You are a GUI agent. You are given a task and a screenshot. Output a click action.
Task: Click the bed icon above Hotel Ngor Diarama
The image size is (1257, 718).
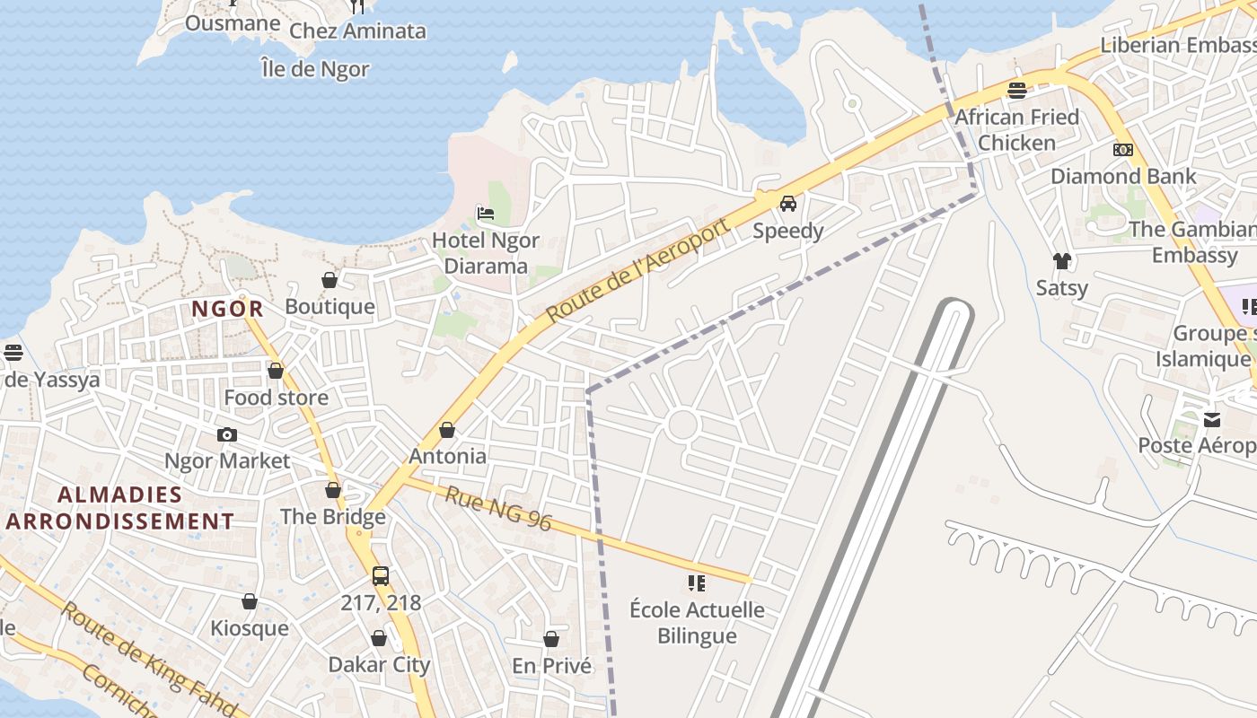486,214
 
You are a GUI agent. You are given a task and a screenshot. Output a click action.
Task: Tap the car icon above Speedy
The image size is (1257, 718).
788,204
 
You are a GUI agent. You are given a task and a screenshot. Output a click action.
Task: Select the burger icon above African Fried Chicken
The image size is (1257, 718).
1017,90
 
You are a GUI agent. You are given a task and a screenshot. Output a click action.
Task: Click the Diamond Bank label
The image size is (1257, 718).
1123,176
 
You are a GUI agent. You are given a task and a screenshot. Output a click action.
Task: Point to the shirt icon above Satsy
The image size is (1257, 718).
1062,261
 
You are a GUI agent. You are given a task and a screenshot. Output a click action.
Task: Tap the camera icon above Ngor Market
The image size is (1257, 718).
227,435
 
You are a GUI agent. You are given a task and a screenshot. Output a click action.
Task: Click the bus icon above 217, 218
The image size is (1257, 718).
381,576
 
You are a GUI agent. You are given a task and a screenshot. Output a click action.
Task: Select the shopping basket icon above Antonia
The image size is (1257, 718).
447,431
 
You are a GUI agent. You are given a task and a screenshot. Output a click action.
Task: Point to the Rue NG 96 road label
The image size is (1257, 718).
498,508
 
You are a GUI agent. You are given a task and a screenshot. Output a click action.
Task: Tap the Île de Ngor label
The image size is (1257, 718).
314,69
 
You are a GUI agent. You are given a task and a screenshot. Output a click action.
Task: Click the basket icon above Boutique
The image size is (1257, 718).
330,280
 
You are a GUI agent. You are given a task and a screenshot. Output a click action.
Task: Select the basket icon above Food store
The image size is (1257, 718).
276,371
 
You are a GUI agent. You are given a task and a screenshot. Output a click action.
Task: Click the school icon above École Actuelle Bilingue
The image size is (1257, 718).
697,584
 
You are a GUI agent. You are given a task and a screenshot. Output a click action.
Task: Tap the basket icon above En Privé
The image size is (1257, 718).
551,639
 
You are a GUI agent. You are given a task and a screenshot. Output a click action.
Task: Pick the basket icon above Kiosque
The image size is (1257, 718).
250,601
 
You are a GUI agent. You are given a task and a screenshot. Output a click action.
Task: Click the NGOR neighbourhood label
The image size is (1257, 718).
227,310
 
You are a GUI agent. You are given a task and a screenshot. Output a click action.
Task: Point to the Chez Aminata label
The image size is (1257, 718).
357,31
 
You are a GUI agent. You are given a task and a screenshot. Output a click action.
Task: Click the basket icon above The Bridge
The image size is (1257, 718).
333,490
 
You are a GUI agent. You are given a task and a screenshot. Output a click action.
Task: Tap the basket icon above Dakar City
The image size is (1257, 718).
379,638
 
